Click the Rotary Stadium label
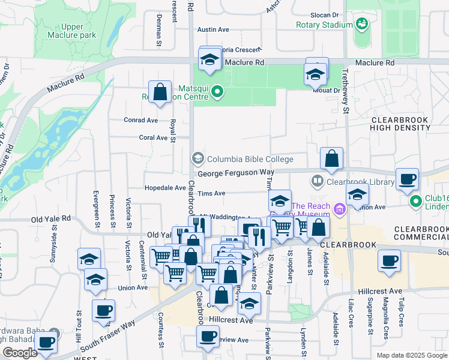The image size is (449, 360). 324,25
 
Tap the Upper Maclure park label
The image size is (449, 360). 79,31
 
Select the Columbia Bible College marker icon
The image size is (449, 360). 197,159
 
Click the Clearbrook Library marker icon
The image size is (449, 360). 317,181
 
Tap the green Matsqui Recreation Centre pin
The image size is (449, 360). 218,92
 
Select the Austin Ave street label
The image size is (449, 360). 213,29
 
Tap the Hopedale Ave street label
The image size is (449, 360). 165,187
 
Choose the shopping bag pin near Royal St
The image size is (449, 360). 160,94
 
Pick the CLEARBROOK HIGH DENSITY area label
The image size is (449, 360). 399,124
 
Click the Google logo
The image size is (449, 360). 20,353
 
